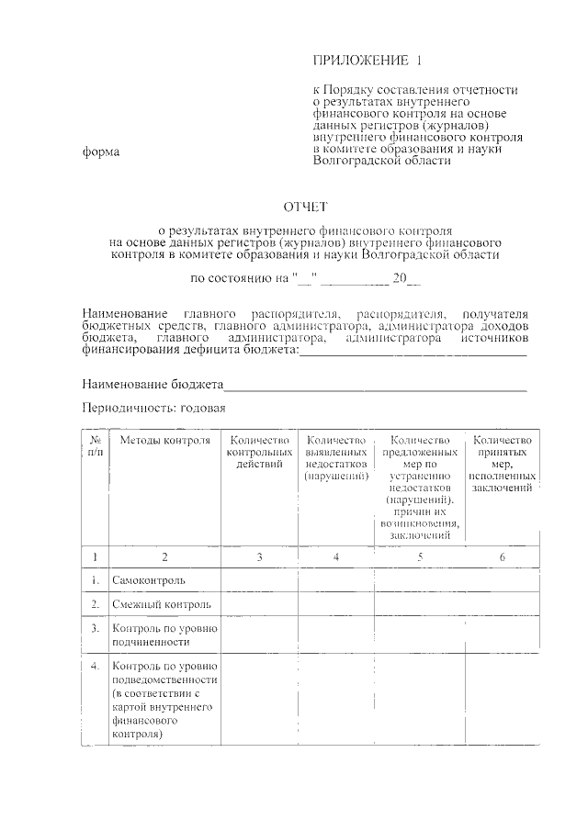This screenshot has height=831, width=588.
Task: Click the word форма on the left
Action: (101, 152)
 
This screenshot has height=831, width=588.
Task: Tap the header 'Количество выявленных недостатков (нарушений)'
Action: (336, 458)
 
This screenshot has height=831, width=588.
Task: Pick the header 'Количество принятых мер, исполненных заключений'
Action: (502, 465)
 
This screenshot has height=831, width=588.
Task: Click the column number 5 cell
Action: (419, 556)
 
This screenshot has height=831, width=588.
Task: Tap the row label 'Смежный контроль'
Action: (161, 604)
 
